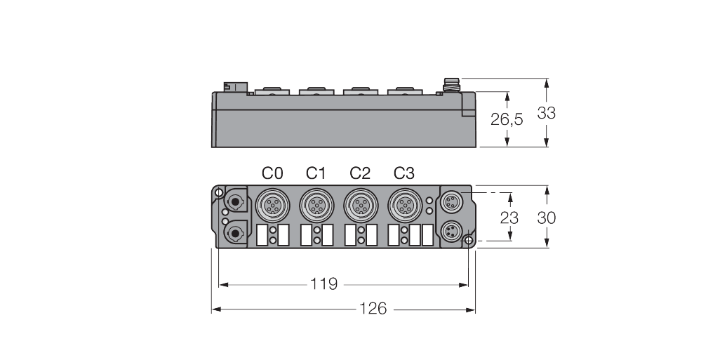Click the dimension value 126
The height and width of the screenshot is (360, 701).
point(373,309)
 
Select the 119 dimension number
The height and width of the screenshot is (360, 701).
point(324,284)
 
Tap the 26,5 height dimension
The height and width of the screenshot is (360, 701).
point(506,120)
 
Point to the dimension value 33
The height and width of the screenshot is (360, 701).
point(546,112)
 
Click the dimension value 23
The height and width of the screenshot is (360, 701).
point(509,218)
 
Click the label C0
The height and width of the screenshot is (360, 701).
point(272,173)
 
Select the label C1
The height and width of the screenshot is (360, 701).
point(316,173)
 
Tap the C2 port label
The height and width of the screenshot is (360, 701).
point(359,173)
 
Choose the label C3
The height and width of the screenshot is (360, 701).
point(403,173)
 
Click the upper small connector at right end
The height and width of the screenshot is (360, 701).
point(449,201)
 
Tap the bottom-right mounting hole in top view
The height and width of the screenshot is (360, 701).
point(468,241)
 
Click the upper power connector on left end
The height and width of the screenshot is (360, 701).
point(234,201)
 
